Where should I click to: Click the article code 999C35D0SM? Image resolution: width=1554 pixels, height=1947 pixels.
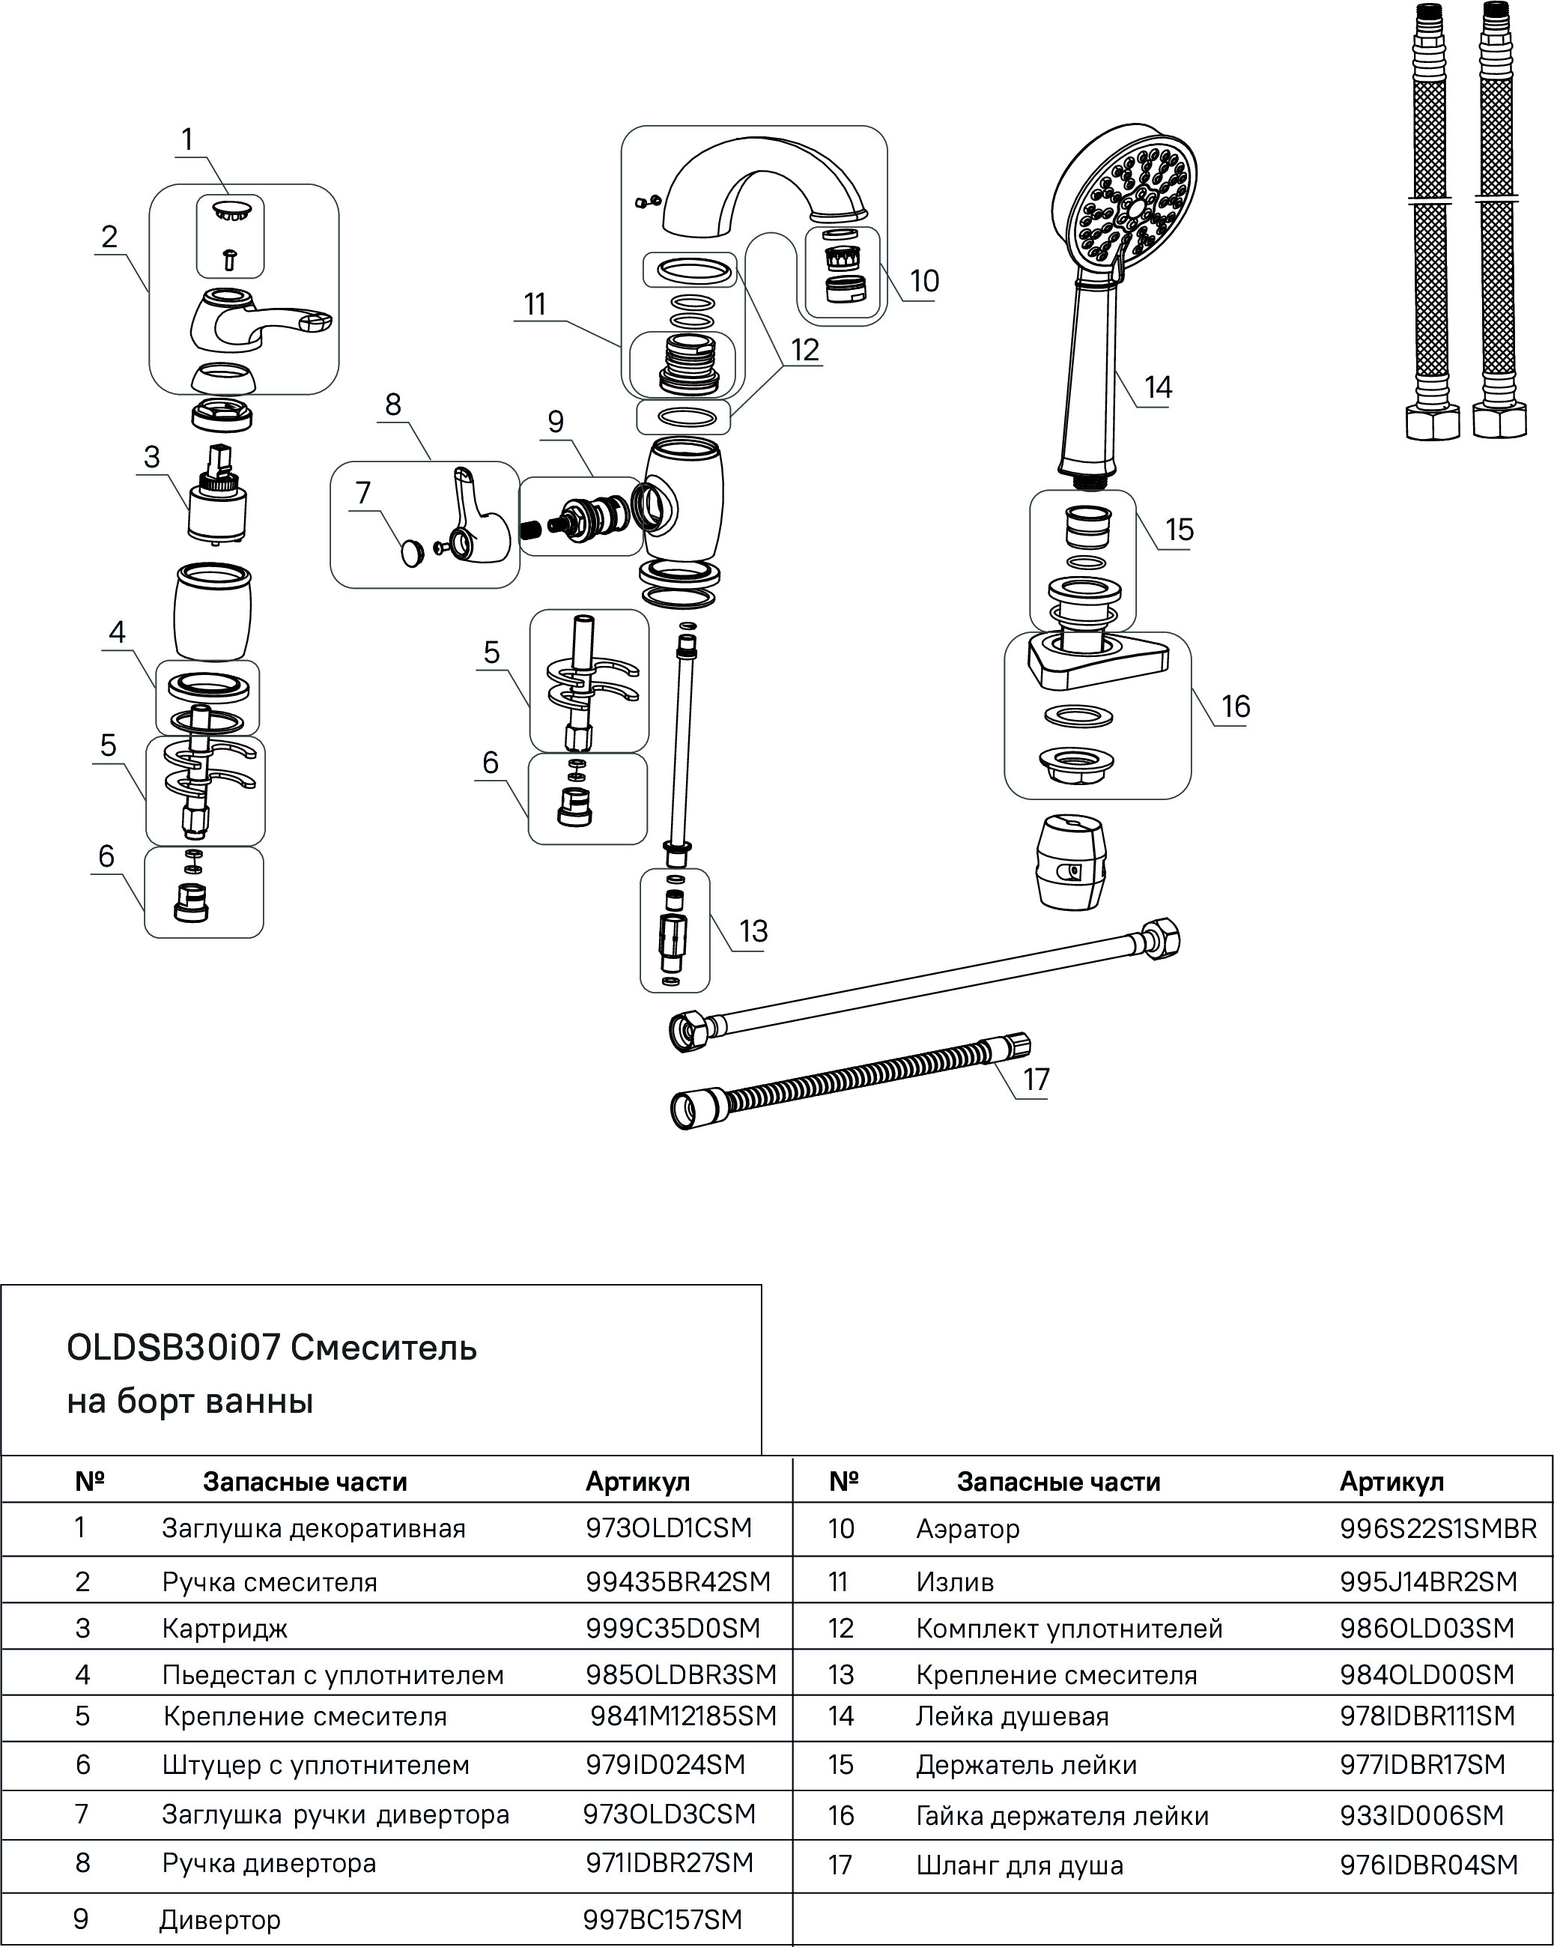coord(673,1627)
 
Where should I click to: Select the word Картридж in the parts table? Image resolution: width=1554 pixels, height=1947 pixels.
coord(225,1628)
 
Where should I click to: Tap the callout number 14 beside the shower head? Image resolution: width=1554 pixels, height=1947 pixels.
coord(1158,387)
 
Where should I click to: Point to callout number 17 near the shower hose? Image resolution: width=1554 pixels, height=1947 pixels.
coord(1036,1080)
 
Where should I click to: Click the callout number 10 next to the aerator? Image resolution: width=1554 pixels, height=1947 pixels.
coord(923,281)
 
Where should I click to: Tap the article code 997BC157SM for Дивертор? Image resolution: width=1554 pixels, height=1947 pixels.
coord(662,1919)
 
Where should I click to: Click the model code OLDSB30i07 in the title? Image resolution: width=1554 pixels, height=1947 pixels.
coord(173,1348)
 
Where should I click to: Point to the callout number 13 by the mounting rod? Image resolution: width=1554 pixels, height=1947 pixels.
coord(753,931)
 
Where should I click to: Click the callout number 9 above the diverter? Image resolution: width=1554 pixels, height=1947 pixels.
coord(556,422)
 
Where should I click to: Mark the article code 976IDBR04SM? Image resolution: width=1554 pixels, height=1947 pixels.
coord(1428,1865)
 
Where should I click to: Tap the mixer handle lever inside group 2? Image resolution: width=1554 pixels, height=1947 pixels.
coord(258,322)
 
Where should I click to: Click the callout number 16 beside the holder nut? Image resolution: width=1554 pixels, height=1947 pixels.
coord(1235,706)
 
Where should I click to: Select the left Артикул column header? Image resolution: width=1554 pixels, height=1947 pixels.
coord(637,1482)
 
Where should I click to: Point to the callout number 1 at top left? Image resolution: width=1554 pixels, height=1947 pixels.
coord(187,140)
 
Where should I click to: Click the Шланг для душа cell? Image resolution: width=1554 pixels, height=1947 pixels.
coord(1019,1865)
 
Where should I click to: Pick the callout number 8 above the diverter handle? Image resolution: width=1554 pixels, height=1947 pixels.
coord(392,404)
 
